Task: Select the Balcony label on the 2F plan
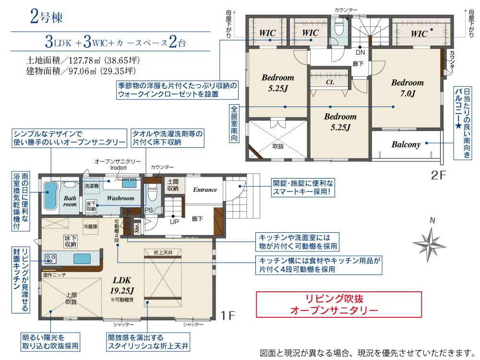pyautogui.click(x=406, y=144)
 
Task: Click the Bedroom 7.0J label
pyautogui.click(x=408, y=88)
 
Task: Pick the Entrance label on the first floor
pyautogui.click(x=205, y=190)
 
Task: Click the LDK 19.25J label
pyautogui.click(x=122, y=285)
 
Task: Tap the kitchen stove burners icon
pyautogui.click(x=50, y=259)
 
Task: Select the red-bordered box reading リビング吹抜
pyautogui.click(x=339, y=305)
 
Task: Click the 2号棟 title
pyautogui.click(x=47, y=17)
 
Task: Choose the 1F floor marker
pyautogui.click(x=228, y=316)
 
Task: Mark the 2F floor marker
pyautogui.click(x=438, y=175)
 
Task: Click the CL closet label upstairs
pyautogui.click(x=330, y=82)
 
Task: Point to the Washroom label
pyautogui.click(x=120, y=198)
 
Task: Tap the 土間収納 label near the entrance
pyautogui.click(x=173, y=185)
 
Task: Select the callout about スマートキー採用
pyautogui.click(x=303, y=188)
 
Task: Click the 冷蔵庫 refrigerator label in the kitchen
pyautogui.click(x=91, y=227)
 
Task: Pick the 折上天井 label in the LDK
pyautogui.click(x=163, y=252)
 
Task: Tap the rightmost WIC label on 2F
pyautogui.click(x=419, y=34)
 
